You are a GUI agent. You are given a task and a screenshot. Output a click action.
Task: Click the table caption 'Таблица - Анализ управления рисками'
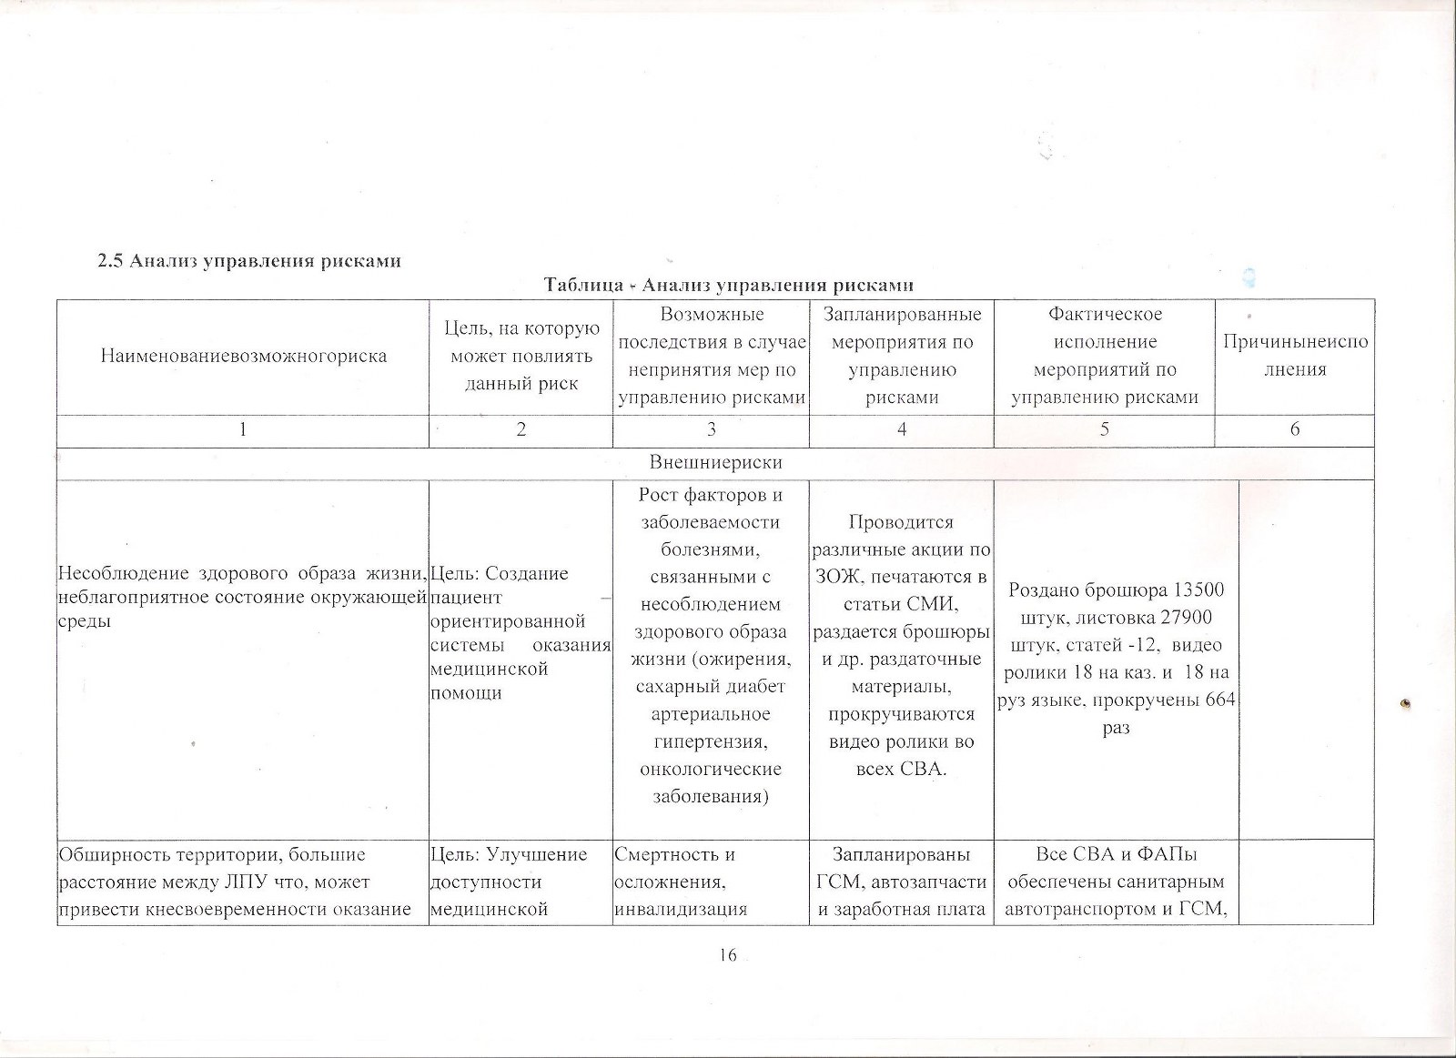728,286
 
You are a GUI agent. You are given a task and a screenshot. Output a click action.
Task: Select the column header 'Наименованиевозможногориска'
243,356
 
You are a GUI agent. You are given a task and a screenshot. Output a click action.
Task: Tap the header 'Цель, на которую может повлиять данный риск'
521,356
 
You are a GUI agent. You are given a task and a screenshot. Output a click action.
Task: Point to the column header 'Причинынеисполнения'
1294,356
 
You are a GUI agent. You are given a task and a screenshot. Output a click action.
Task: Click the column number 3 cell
711,430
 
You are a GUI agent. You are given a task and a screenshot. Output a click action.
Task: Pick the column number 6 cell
1294,430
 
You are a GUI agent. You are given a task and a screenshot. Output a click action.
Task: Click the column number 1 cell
243,430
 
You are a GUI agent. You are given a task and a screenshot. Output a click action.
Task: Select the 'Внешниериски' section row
715,463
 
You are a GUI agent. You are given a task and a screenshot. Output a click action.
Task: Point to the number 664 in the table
1218,700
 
